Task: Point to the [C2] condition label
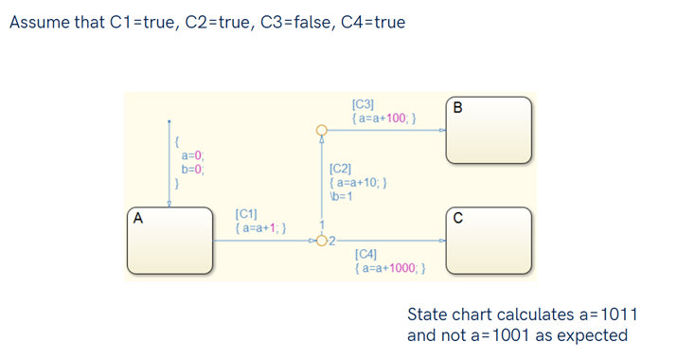[x=339, y=168]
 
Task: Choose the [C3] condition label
[x=363, y=104]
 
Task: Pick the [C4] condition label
[x=364, y=254]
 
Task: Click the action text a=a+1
[x=261, y=228]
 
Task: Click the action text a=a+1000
[x=389, y=268]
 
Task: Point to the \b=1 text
[x=340, y=196]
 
